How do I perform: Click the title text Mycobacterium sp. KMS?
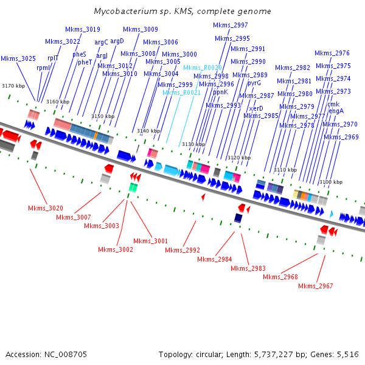[x=182, y=12]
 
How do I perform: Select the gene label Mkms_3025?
[x=18, y=58]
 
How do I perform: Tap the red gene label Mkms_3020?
[x=46, y=208]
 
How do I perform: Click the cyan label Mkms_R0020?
[x=203, y=68]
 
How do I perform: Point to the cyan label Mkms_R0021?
[x=179, y=92]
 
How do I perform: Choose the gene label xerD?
[x=256, y=108]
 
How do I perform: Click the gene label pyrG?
[x=254, y=83]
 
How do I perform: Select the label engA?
[x=336, y=111]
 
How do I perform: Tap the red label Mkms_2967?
[x=316, y=286]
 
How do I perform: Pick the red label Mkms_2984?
[x=215, y=259]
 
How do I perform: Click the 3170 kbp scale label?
[x=13, y=86]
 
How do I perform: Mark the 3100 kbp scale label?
[x=330, y=182]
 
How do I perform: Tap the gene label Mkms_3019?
[x=83, y=29]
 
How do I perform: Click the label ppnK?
[x=220, y=92]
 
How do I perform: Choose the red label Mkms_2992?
[x=182, y=250]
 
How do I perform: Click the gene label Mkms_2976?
[x=332, y=53]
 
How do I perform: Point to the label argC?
[x=101, y=42]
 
